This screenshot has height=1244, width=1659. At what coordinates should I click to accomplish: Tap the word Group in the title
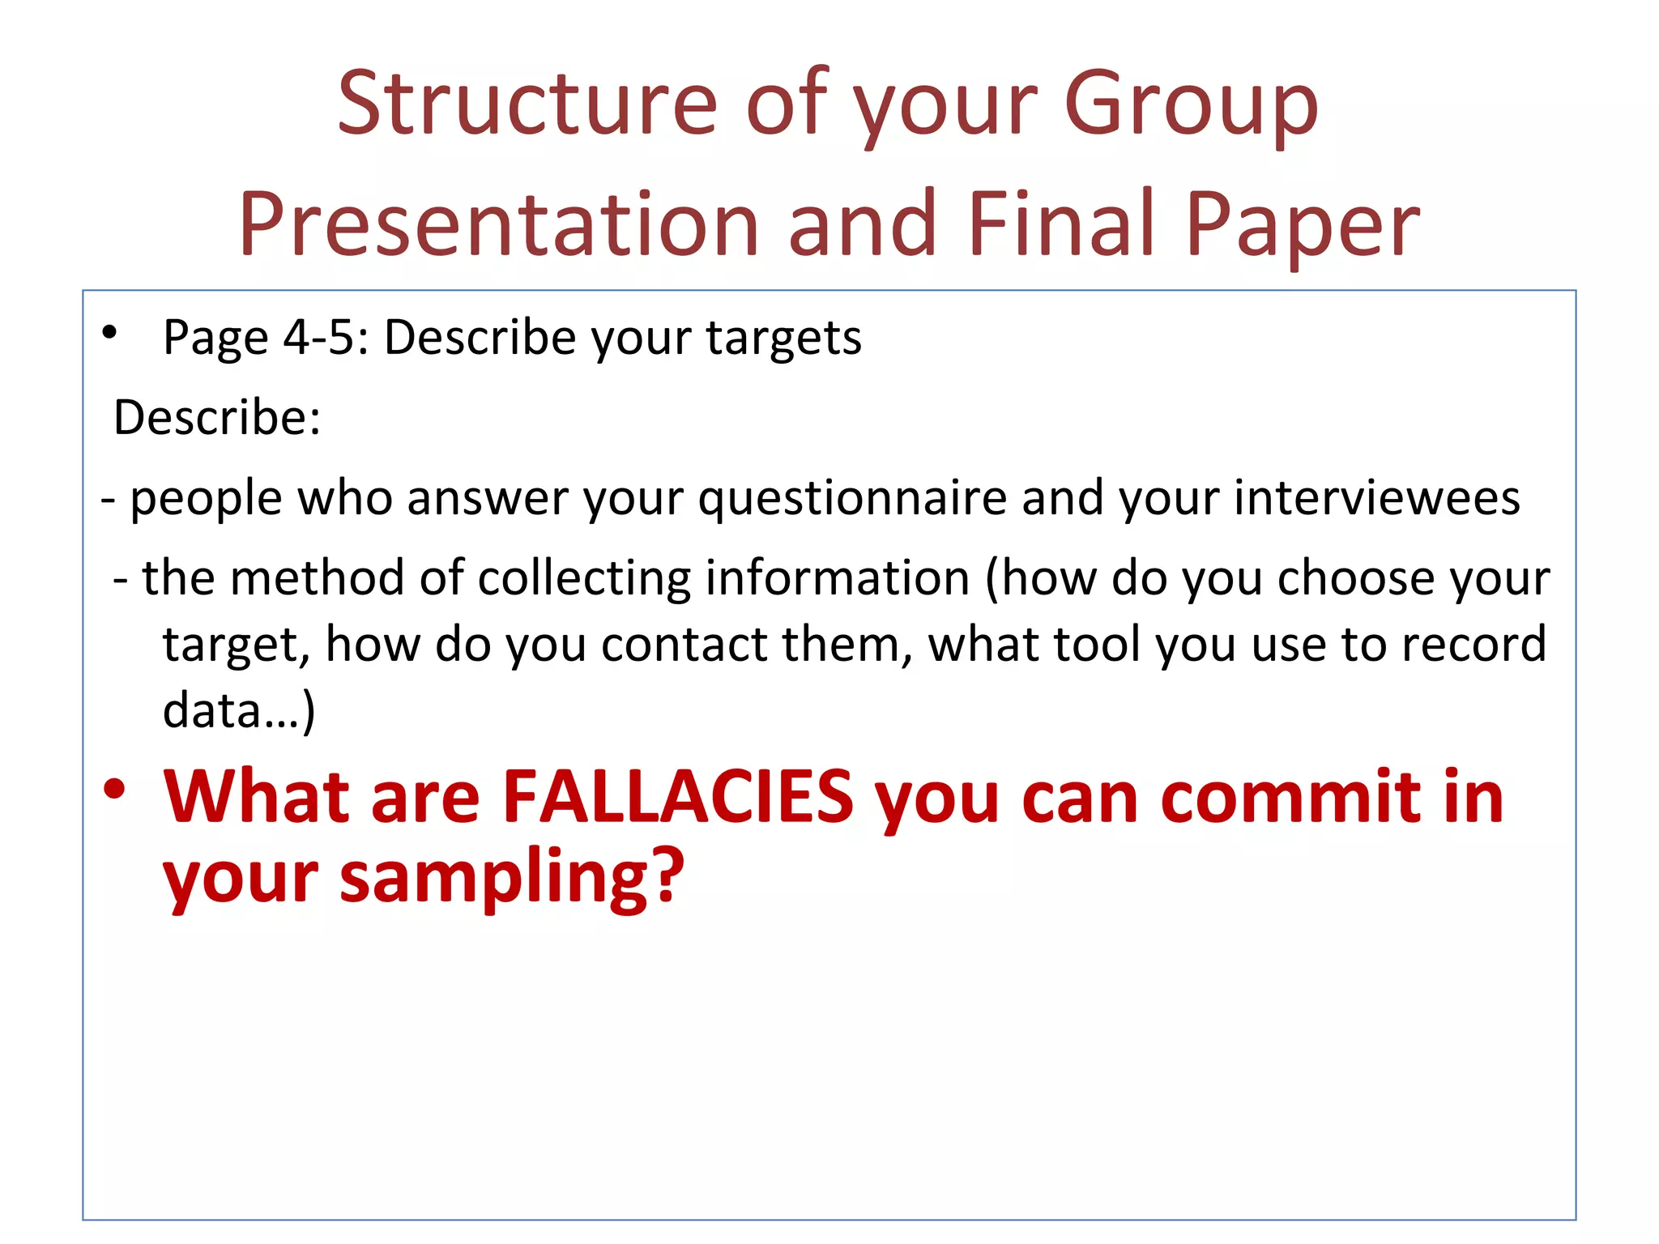(1191, 105)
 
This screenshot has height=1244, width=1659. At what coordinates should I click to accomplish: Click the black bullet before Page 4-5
(110, 332)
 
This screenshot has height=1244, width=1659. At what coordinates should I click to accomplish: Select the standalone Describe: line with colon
(217, 418)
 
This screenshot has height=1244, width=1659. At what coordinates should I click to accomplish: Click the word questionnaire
(852, 498)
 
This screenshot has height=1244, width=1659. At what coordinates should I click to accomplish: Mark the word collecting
(583, 579)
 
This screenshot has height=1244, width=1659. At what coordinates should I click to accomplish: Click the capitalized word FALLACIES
(678, 797)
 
